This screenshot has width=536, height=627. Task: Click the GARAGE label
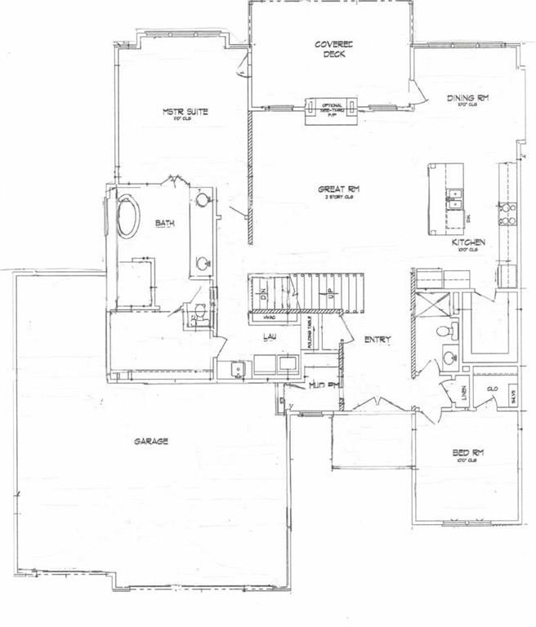click(x=151, y=442)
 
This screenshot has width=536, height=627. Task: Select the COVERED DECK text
click(x=333, y=50)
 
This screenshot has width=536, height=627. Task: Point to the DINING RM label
click(x=467, y=99)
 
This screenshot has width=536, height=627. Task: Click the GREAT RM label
click(x=339, y=190)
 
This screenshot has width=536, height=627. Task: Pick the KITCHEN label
click(x=469, y=242)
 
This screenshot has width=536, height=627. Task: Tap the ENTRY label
click(x=378, y=340)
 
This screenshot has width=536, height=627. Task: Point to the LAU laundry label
click(x=267, y=336)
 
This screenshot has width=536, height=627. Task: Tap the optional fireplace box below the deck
click(x=331, y=109)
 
